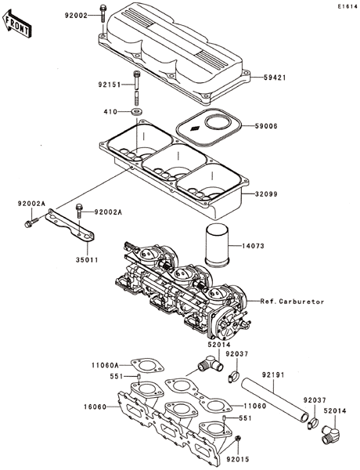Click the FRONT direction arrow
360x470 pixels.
16,23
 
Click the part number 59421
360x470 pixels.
275,78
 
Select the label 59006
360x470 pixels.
267,126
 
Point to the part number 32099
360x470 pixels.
267,194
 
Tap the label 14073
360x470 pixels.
254,246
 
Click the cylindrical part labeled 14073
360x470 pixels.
217,244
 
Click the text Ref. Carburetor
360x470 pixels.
292,302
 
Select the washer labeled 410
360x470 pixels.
137,112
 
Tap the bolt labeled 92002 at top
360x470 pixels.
103,13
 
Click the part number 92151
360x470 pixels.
109,85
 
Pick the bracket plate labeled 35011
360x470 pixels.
70,225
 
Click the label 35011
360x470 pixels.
87,260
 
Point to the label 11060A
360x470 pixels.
105,365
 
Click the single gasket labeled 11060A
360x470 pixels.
147,366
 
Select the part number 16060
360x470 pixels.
95,407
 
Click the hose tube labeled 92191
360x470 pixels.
275,399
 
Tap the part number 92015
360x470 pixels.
238,459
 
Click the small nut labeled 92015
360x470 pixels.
238,438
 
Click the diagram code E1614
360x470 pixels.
347,6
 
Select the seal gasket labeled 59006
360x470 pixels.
209,128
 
